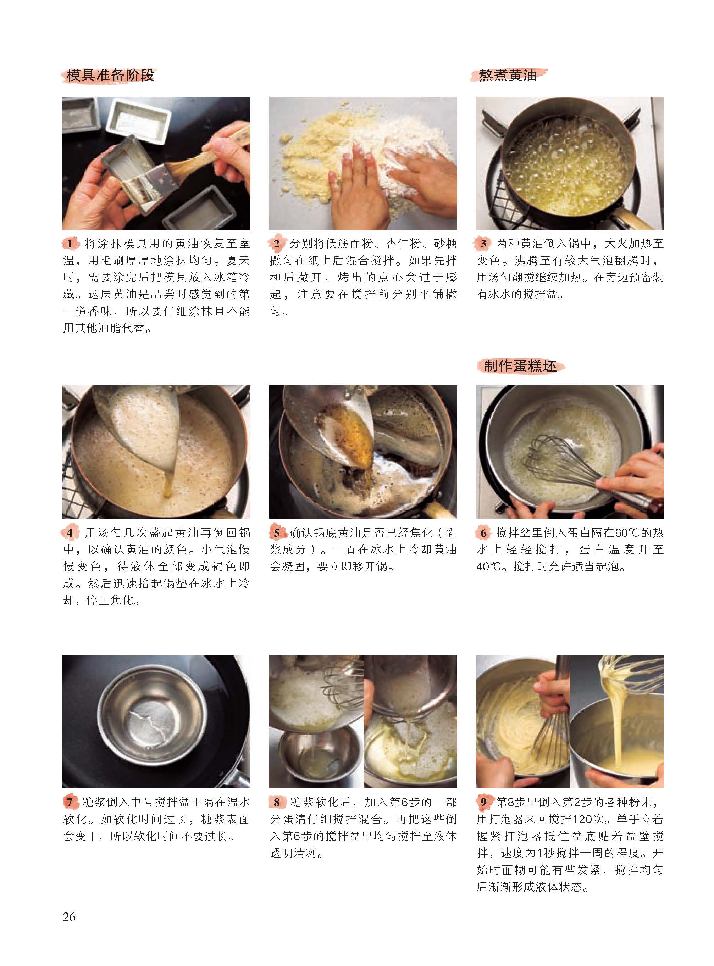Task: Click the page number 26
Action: [x=69, y=916]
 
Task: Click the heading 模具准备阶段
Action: [x=110, y=76]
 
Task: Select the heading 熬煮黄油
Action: [x=508, y=76]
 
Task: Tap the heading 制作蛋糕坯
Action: [x=520, y=366]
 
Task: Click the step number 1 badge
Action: [x=70, y=244]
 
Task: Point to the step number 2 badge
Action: [x=277, y=244]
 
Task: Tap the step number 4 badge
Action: [x=70, y=533]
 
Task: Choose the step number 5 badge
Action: [x=277, y=533]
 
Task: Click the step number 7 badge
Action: [x=70, y=802]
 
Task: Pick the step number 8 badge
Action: [x=277, y=802]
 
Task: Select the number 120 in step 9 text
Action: [x=585, y=820]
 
